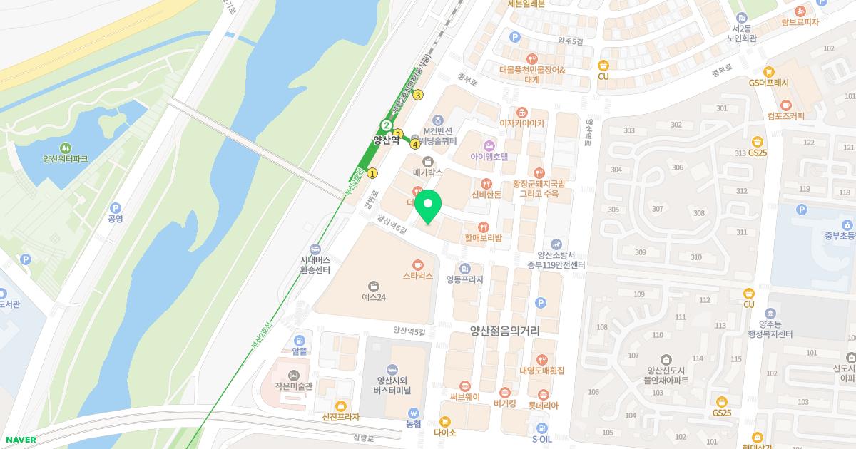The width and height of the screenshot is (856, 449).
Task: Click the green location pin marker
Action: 428,207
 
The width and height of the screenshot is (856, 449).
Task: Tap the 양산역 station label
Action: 386,140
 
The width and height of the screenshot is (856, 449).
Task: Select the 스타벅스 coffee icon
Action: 418,263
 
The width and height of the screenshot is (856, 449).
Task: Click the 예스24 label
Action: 373,297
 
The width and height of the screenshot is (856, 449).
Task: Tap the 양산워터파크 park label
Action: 65,159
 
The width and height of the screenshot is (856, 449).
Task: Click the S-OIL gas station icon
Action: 542,429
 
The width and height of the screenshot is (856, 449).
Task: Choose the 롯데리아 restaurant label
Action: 543,406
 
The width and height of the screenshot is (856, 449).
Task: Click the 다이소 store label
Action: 444,433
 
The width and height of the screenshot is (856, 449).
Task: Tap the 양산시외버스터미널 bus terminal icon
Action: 391,368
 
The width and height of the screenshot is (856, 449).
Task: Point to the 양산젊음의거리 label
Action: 504,331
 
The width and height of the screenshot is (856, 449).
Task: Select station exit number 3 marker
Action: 418,95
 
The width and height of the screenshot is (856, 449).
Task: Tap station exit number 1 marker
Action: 372,172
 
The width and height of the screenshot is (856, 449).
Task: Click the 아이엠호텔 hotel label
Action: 489,156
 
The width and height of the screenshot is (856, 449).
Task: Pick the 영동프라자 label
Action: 464,279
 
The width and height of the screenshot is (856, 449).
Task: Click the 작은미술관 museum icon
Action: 292,375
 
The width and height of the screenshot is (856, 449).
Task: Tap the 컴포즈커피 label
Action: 785,116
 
